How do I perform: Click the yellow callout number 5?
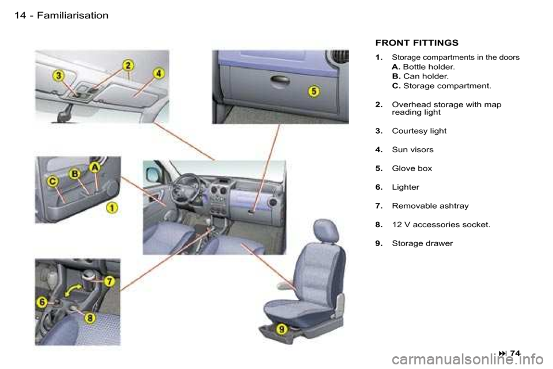click(x=313, y=92)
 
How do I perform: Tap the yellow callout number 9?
click(x=282, y=329)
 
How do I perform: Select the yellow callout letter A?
click(x=94, y=167)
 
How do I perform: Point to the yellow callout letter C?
click(x=52, y=182)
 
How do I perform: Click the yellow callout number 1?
click(x=112, y=208)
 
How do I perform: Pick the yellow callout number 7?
click(x=109, y=281)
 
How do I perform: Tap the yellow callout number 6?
click(x=42, y=302)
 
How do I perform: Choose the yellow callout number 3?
click(x=59, y=76)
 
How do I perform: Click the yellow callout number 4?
click(x=159, y=73)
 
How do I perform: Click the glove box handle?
click(x=281, y=80)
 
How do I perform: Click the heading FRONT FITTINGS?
click(x=417, y=43)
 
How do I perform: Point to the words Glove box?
click(x=412, y=168)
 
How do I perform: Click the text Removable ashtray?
click(x=430, y=206)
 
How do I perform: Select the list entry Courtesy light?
click(x=419, y=131)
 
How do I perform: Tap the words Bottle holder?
click(x=429, y=67)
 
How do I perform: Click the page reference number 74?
click(x=515, y=353)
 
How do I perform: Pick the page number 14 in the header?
click(x=20, y=16)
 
